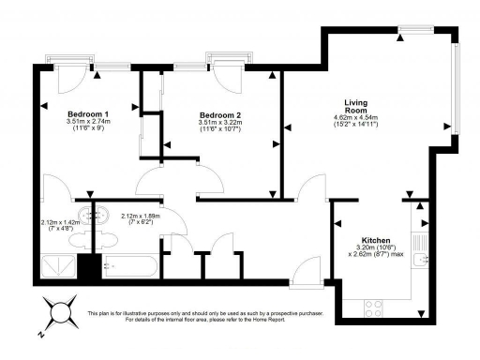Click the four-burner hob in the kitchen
[x=372, y=306]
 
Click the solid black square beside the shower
[x=88, y=266]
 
